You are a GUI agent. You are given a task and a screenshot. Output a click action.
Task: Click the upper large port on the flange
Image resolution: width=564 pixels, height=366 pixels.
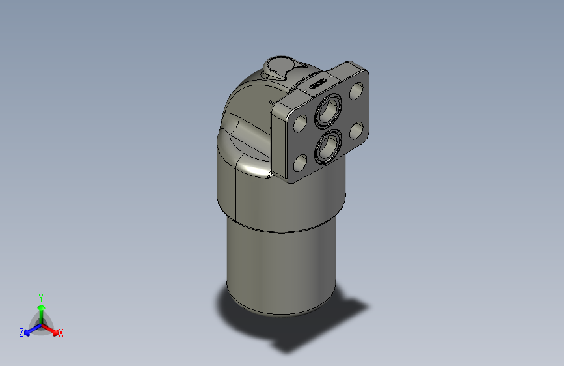coord(327,111)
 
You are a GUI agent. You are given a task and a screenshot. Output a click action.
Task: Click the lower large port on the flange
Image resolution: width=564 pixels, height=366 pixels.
coord(327,147)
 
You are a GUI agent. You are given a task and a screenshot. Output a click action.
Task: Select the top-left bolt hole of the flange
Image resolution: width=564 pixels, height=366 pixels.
coord(301,123)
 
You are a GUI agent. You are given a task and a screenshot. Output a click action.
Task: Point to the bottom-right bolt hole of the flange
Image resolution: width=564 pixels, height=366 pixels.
coord(356,131)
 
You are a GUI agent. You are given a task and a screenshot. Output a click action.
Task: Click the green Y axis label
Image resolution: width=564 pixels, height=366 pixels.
coord(41,296)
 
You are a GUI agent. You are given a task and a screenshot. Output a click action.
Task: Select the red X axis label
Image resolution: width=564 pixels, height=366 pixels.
coord(61,333)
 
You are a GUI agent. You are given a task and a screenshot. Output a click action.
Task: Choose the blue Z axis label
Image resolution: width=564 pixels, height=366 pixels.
coord(21,333)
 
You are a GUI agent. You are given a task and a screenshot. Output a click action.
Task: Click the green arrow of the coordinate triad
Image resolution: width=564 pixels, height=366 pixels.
coord(41,310)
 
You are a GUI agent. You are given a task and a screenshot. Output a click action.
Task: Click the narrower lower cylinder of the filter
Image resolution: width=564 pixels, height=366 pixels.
coord(280,267)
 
